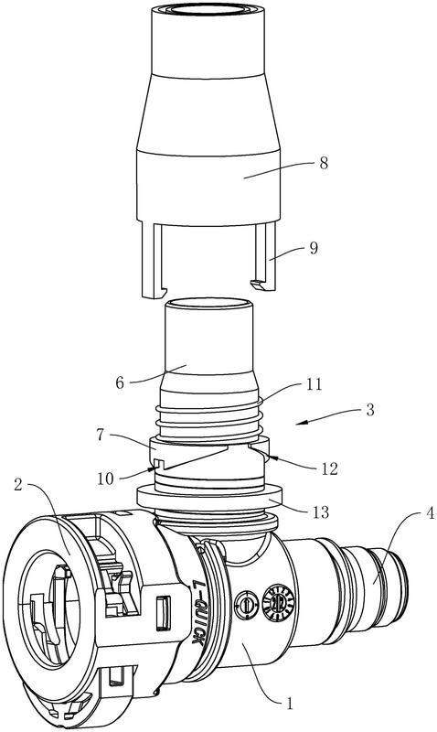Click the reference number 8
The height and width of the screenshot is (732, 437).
(x=323, y=164)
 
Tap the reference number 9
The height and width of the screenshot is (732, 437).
(x=314, y=248)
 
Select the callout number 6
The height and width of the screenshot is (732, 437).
(x=120, y=382)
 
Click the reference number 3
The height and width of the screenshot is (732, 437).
(x=370, y=410)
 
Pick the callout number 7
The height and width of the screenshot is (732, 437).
(x=101, y=436)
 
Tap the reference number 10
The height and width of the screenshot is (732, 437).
(x=107, y=478)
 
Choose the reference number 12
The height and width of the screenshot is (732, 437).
(x=329, y=468)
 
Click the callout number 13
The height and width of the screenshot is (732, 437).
(x=320, y=512)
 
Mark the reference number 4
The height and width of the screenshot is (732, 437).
(x=428, y=514)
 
